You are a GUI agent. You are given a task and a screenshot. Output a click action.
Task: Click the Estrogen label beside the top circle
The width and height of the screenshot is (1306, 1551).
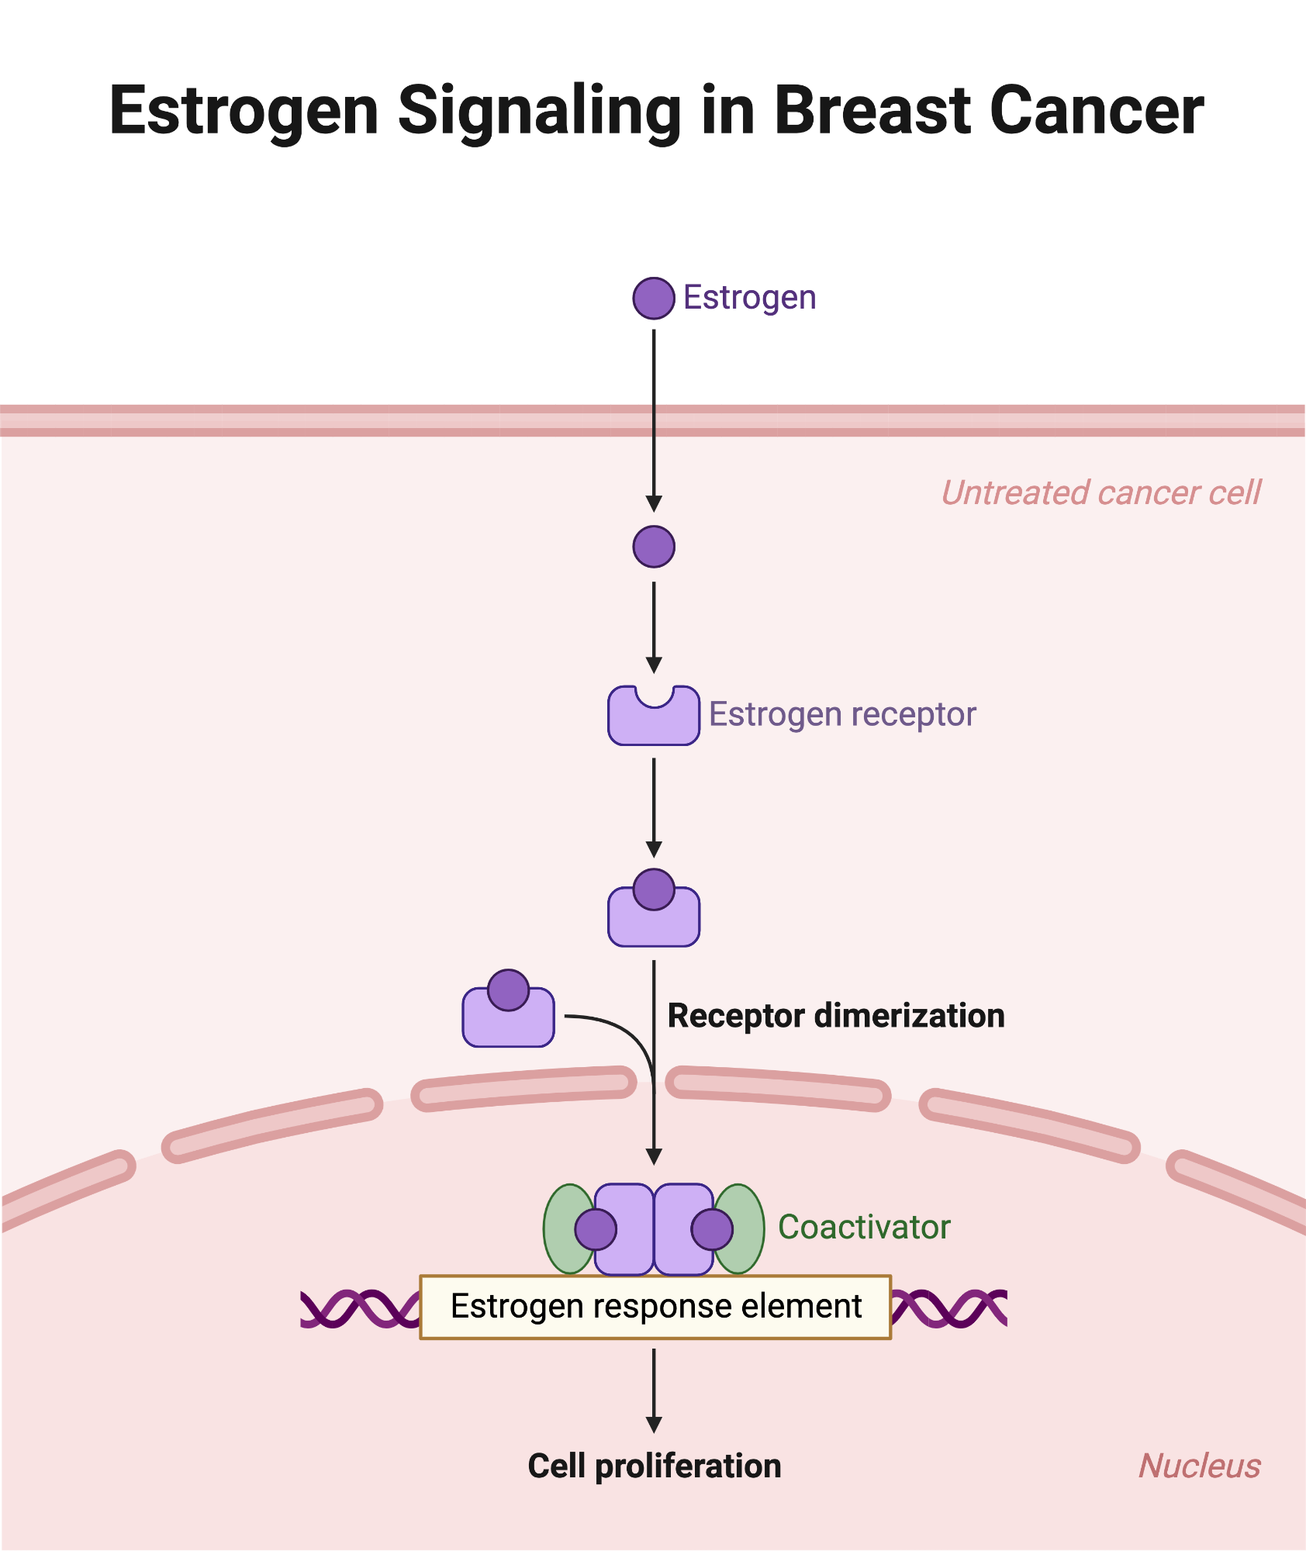[x=749, y=298]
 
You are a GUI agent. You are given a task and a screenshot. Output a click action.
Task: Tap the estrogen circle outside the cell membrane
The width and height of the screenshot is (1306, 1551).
[x=654, y=299]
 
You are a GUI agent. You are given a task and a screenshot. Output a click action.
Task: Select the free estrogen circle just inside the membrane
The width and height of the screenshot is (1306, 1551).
[x=654, y=547]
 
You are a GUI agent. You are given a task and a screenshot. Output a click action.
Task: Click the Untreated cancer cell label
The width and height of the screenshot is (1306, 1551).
[x=1101, y=493]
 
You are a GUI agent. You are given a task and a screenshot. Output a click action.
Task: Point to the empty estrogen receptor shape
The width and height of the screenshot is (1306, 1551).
[x=654, y=721]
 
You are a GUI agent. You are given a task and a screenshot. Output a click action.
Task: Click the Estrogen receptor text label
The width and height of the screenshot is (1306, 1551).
[x=842, y=714]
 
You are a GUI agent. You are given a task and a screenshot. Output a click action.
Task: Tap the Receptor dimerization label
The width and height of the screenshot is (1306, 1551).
[x=836, y=1016]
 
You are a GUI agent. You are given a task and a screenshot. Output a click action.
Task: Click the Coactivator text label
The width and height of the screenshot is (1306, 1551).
[x=864, y=1228]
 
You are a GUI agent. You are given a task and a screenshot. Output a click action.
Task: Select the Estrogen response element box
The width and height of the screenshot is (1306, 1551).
[x=655, y=1307]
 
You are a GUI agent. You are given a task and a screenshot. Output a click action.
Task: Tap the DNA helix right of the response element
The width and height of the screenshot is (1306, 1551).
[x=948, y=1309]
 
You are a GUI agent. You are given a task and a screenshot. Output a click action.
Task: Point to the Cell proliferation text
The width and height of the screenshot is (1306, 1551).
[x=655, y=1466]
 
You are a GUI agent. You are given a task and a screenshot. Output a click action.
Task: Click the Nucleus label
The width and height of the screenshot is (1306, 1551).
[x=1199, y=1466]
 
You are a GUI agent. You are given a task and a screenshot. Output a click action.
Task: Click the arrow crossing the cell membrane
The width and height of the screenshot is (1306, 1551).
[x=654, y=420]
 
